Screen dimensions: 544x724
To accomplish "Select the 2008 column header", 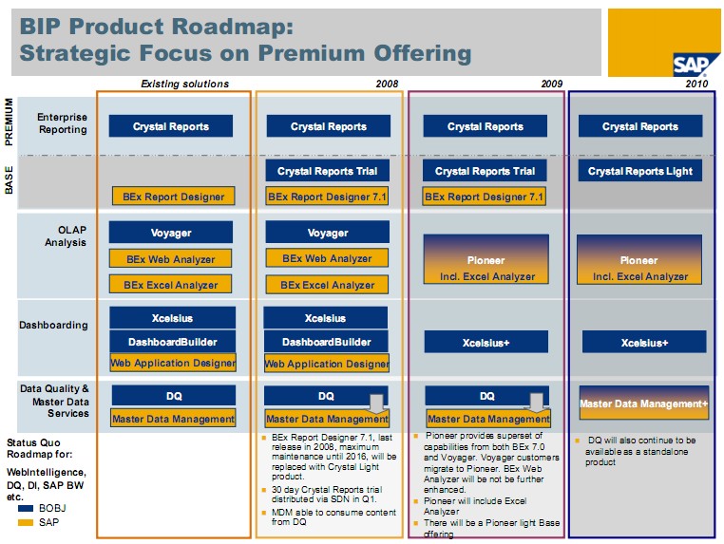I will (x=386, y=84).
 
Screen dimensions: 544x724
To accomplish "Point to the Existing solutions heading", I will (x=184, y=84).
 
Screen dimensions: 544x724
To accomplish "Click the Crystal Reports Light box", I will (x=639, y=171).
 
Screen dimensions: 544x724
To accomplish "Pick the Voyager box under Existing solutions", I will (x=171, y=233).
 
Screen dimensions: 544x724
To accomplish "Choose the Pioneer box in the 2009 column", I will (x=486, y=260).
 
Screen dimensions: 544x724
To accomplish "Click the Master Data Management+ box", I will (x=644, y=403).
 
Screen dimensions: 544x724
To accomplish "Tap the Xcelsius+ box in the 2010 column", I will (x=644, y=343).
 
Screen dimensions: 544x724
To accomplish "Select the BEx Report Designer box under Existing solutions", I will (x=173, y=197).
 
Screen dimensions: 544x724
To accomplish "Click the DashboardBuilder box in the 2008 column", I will (x=326, y=342).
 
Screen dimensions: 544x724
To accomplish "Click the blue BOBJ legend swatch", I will (x=27, y=508).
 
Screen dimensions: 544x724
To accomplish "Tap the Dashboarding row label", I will (x=53, y=325).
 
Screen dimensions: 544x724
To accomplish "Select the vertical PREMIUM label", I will (x=9, y=121).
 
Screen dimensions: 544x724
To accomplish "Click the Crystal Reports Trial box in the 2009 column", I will (x=485, y=171).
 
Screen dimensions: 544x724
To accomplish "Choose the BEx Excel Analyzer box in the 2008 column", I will (x=327, y=284).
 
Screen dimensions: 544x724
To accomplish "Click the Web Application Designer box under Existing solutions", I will (x=173, y=363).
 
